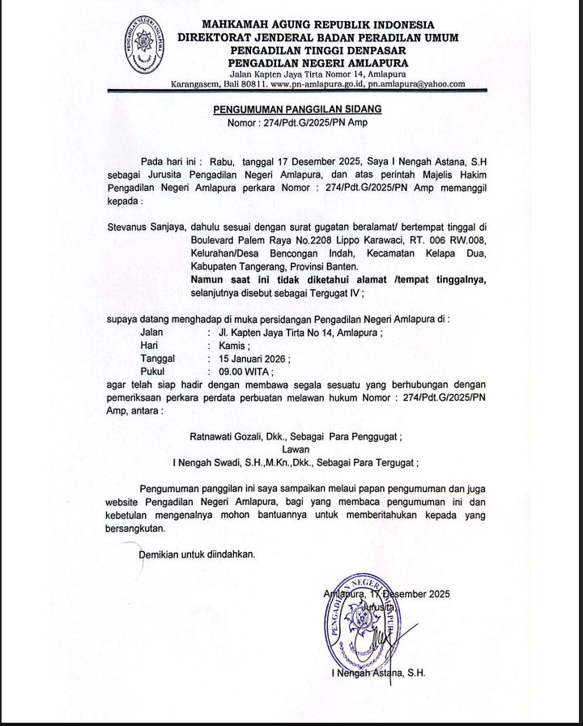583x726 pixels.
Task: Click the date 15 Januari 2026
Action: click(x=248, y=357)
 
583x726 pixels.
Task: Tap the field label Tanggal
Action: click(x=159, y=357)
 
